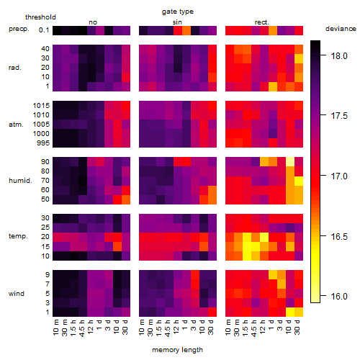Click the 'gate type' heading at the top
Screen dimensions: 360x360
178,12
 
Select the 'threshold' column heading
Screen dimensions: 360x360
40,17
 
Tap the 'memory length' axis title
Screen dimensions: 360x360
177,350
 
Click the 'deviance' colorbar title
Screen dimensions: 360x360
341,29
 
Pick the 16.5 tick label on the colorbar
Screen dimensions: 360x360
339,237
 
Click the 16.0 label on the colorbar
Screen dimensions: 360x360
339,297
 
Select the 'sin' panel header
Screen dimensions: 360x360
177,22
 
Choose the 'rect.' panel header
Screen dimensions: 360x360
262,22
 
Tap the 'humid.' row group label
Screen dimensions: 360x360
20,181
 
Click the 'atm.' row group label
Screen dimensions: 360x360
16,125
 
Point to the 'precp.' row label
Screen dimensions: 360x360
19,29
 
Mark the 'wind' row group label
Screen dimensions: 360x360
17,293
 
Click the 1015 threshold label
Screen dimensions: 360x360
41,106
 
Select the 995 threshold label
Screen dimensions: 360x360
43,143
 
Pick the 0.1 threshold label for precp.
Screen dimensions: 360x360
44,30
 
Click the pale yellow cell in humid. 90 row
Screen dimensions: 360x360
290,162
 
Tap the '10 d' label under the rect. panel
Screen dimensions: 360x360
289,327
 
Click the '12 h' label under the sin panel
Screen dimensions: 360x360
176,327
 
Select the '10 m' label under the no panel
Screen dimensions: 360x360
55,328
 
